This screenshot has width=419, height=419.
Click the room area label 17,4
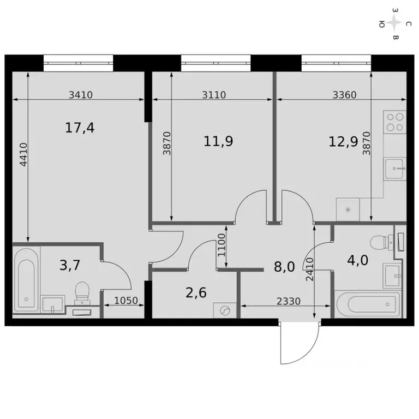(x=80, y=128)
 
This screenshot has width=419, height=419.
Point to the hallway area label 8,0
(x=284, y=267)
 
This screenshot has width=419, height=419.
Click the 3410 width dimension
(x=81, y=94)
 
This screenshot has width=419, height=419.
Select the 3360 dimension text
(x=344, y=94)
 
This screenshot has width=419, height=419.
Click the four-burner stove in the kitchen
(x=394, y=122)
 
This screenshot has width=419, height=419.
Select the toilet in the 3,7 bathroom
(x=82, y=291)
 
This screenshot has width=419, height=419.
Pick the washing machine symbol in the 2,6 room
(x=225, y=310)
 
